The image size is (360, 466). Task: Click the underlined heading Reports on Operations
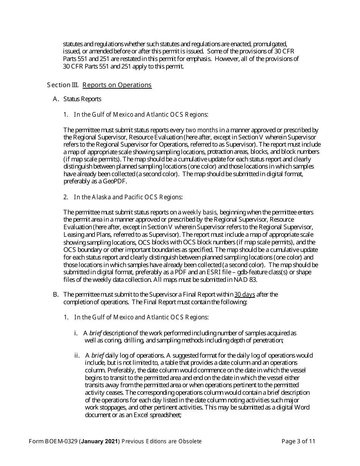(117, 85)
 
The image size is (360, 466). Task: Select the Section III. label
(63, 85)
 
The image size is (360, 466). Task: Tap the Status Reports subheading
(82, 99)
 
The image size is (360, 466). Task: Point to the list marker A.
(56, 99)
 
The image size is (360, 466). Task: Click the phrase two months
(202, 130)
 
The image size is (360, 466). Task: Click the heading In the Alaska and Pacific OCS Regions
(128, 197)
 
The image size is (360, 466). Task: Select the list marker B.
(56, 294)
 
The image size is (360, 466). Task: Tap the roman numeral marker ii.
(77, 355)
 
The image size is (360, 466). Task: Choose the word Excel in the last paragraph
(129, 415)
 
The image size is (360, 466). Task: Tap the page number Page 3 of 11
(298, 441)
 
